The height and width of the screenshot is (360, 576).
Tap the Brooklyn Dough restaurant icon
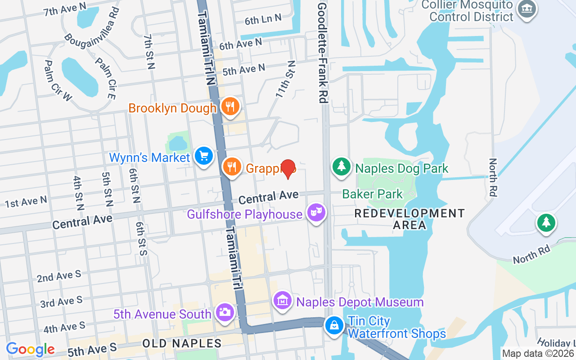click(230, 107)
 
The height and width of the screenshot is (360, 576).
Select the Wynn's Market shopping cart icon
click(204, 156)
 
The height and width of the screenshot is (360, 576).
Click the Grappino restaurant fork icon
click(232, 167)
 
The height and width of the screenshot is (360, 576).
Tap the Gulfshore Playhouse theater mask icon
click(316, 212)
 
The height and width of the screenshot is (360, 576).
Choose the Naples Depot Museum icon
click(283, 300)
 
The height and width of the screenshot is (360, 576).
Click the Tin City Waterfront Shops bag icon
click(334, 325)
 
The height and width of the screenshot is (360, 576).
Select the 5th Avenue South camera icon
click(225, 312)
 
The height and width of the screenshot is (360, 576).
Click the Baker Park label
click(373, 194)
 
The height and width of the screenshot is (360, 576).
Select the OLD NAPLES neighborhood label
click(182, 343)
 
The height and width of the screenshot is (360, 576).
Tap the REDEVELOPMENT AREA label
click(409, 219)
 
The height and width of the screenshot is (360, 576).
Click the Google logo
click(30, 349)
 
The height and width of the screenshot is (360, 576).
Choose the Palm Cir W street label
click(58, 81)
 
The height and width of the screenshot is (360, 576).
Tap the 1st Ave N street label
click(26, 202)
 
